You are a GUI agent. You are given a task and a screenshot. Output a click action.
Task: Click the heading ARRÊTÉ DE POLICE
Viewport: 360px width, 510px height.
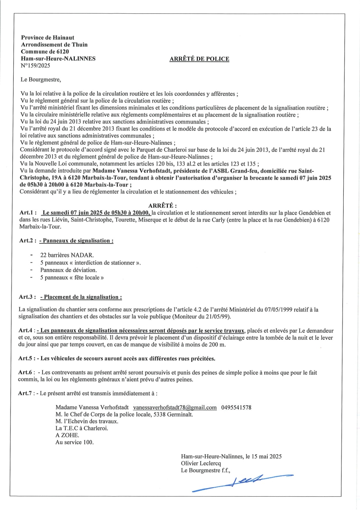click(199, 59)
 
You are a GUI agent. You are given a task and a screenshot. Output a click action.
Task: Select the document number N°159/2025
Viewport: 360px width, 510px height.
click(35, 66)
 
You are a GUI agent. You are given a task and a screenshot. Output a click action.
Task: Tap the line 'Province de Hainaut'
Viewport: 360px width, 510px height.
click(47, 38)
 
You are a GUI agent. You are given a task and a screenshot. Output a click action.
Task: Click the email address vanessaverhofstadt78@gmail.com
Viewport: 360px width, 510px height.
click(175, 407)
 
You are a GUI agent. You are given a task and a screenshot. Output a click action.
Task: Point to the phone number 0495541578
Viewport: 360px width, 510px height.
click(236, 407)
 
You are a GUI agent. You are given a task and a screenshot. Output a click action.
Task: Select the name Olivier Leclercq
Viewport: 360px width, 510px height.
click(201, 463)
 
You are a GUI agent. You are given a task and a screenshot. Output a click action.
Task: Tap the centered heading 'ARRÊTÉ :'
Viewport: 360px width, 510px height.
click(162, 206)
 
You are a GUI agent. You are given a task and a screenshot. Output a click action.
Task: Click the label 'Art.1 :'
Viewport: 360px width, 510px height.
click(28, 213)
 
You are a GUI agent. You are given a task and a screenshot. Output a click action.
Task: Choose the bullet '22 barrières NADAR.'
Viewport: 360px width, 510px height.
click(67, 255)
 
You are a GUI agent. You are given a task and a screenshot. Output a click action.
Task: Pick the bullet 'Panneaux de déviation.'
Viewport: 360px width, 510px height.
click(68, 270)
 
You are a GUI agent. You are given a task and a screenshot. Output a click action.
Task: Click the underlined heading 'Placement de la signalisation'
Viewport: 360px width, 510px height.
click(83, 297)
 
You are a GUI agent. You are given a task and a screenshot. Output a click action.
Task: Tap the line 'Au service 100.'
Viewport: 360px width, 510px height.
click(75, 442)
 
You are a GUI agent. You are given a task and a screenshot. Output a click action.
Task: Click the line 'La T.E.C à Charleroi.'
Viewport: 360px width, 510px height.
click(82, 428)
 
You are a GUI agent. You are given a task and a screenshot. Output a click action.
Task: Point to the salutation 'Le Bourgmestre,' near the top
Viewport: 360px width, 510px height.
click(40, 80)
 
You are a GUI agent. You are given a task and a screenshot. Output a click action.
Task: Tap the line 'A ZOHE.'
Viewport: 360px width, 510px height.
click(67, 435)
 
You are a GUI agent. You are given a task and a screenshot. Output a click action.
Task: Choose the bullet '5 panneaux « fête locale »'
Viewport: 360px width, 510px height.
click(72, 278)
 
